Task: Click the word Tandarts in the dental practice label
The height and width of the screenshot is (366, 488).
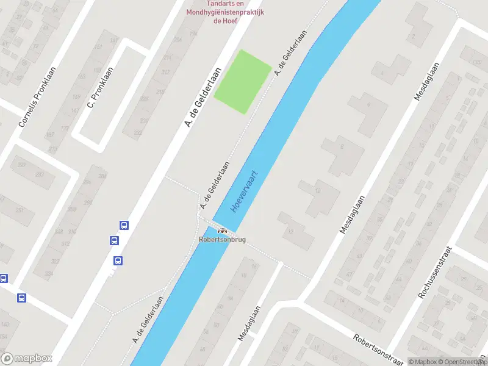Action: pyautogui.click(x=203, y=3)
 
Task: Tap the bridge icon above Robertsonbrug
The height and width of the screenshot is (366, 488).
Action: pyautogui.click(x=222, y=231)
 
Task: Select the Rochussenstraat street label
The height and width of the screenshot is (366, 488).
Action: pyautogui.click(x=434, y=272)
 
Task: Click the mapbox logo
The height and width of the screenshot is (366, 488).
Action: pyautogui.click(x=27, y=359)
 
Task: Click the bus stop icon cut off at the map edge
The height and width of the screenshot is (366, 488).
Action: pyautogui.click(x=3, y=279)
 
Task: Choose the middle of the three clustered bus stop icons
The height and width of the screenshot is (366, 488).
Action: pyautogui.click(x=114, y=241)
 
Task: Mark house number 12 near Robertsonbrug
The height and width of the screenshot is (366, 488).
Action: pyautogui.click(x=290, y=231)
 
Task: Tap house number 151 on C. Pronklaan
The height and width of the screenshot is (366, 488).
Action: pyautogui.click(x=98, y=48)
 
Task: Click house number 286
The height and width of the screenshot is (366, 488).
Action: pyautogui.click(x=102, y=176)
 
